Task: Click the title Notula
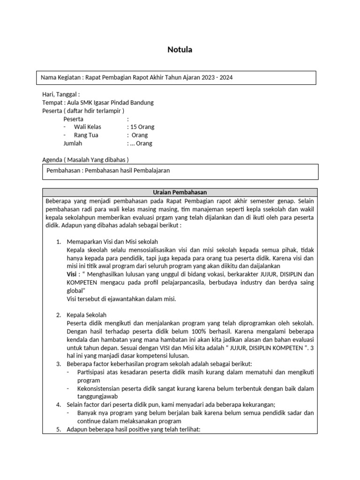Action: pyautogui.click(x=180, y=50)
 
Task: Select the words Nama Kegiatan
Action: pyautogui.click(x=59, y=77)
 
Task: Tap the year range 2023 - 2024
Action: pyautogui.click(x=217, y=77)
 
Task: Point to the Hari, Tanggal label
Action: pyautogui.click(x=60, y=94)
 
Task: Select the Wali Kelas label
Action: pyautogui.click(x=87, y=127)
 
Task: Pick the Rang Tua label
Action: pyautogui.click(x=86, y=135)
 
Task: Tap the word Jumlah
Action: pyautogui.click(x=73, y=144)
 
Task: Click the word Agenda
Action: pyautogui.click(x=52, y=160)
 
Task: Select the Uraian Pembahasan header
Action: pyautogui.click(x=180, y=192)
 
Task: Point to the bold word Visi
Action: pyautogui.click(x=72, y=274)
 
